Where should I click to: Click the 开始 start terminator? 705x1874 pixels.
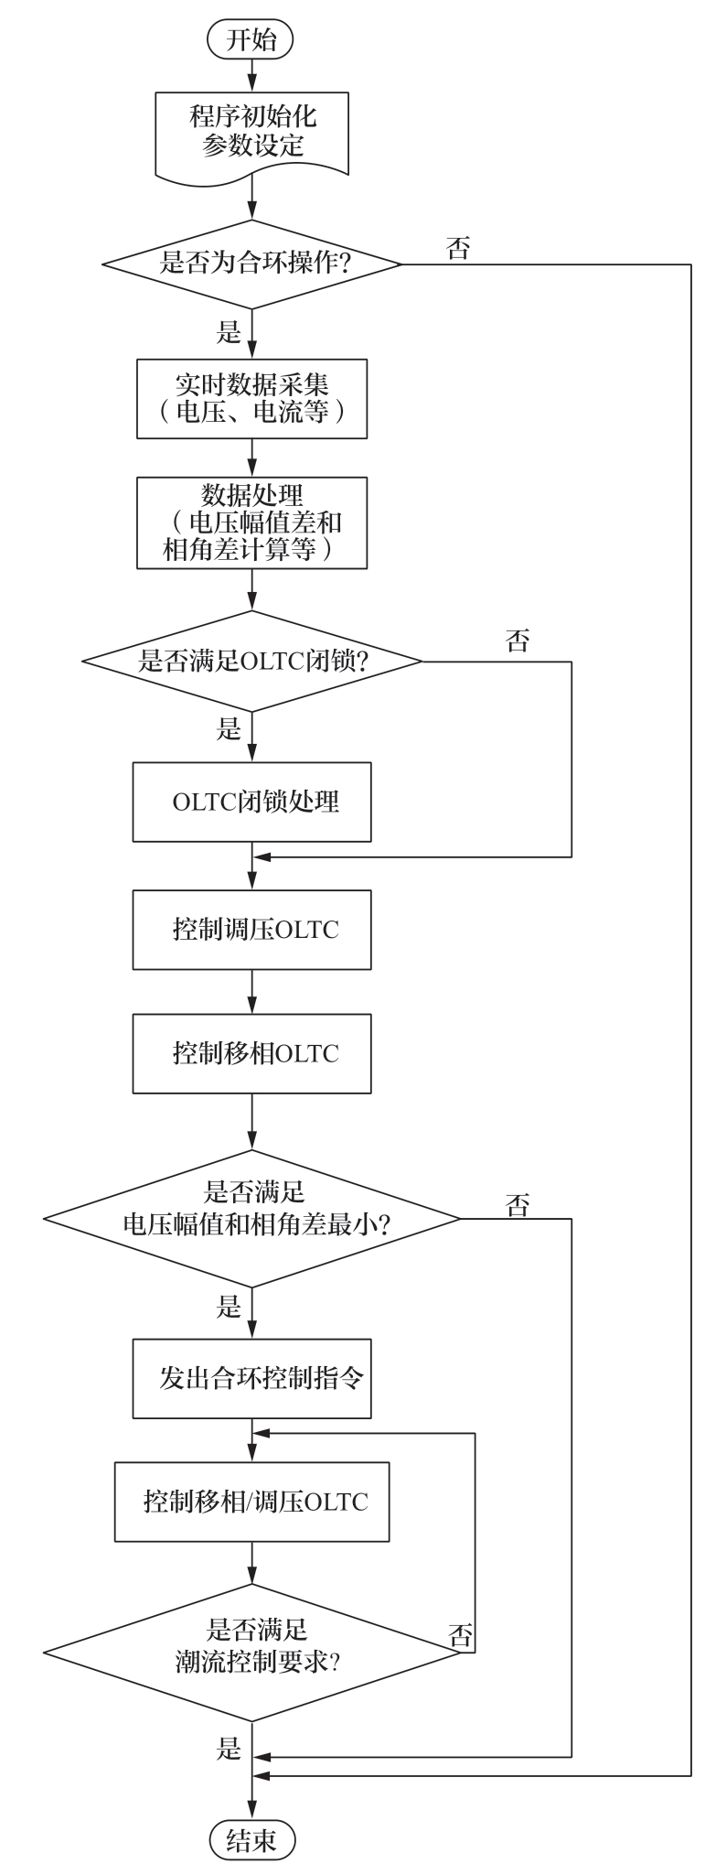[x=251, y=39]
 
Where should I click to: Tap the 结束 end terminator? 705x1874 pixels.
[x=251, y=1839]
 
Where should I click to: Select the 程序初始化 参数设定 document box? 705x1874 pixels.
[x=251, y=132]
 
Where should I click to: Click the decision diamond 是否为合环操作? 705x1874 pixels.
[x=251, y=264]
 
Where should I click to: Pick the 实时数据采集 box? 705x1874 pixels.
[x=251, y=399]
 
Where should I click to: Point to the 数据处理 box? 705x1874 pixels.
[x=251, y=522]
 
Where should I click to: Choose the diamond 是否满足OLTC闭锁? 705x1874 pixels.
[x=251, y=661]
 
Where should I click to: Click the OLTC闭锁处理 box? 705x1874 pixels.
[x=251, y=802]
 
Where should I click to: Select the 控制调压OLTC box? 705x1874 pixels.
[x=251, y=930]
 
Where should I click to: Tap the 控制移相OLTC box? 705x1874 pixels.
[x=251, y=1053]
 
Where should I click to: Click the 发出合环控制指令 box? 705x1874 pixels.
[x=251, y=1379]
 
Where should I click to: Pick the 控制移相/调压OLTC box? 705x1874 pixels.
[x=251, y=1502]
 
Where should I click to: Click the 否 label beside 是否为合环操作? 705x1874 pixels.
[x=458, y=249]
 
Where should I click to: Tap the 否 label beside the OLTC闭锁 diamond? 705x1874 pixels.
[x=518, y=641]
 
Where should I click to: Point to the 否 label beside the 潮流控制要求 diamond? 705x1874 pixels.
[x=461, y=1635]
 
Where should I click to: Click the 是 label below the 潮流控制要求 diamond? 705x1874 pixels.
[x=229, y=1749]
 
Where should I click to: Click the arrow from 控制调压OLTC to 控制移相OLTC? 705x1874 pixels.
[x=251, y=991]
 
